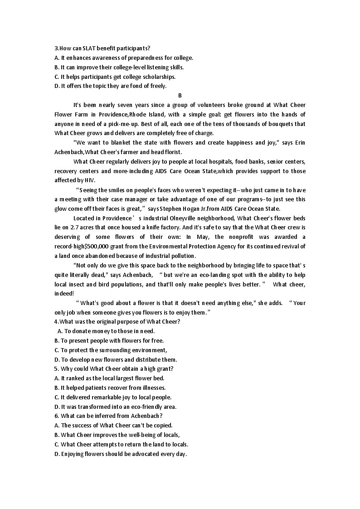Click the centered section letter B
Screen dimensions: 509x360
(x=180, y=95)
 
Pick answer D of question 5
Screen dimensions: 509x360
(x=115, y=407)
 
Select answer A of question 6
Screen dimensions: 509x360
(x=113, y=426)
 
